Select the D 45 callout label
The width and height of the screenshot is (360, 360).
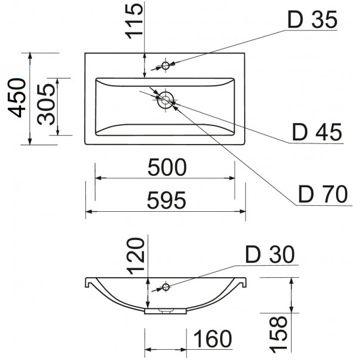point(316,132)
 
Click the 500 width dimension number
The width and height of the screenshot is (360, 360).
point(167,168)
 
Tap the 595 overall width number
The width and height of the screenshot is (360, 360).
point(166,200)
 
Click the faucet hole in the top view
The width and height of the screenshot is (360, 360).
point(166,65)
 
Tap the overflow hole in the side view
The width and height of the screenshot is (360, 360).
point(166,287)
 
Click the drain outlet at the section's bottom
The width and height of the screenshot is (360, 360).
point(166,311)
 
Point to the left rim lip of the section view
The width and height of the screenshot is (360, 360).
point(88,281)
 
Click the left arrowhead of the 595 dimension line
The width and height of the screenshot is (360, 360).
point(88,211)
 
